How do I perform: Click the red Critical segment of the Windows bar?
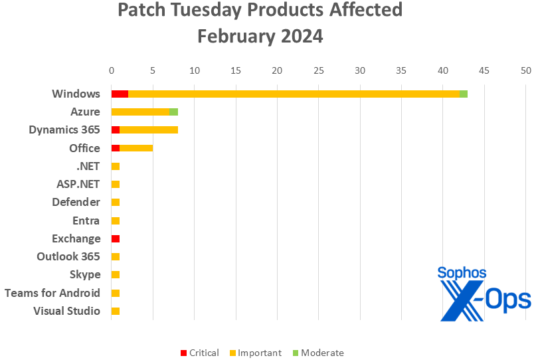point(120,94)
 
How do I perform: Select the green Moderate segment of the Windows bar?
point(464,94)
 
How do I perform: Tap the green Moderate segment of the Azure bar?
point(174,112)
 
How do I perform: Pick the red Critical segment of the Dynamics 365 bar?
point(116,130)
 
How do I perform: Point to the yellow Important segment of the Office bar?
point(136,148)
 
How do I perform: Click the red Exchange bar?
point(116,238)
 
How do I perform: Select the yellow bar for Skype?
point(116,274)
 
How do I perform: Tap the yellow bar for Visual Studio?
point(116,311)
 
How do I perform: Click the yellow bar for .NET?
point(116,166)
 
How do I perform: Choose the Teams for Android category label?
point(52,293)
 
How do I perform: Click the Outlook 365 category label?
point(68,256)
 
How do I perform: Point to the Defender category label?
point(76,202)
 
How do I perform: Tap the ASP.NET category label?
point(78,184)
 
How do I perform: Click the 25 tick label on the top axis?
point(319,70)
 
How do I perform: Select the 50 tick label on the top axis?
point(526,70)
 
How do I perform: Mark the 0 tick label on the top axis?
point(112,70)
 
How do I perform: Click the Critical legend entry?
point(199,353)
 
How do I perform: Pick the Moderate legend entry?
point(317,353)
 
